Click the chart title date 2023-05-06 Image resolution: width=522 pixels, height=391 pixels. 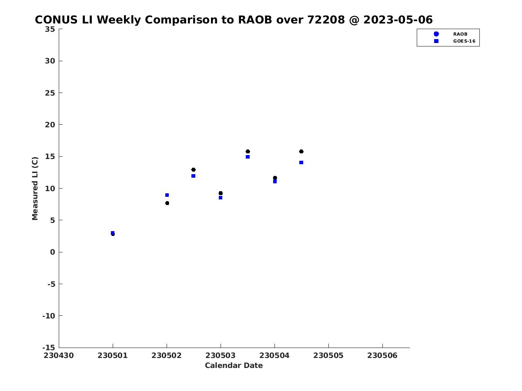pyautogui.click(x=398, y=20)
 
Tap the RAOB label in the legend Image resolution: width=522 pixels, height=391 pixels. pyautogui.click(x=460, y=34)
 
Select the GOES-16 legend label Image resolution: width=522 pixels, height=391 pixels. pyautogui.click(x=464, y=41)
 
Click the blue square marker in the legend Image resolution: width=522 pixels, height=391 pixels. pyautogui.click(x=436, y=41)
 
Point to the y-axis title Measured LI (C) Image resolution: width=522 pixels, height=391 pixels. pyautogui.click(x=35, y=189)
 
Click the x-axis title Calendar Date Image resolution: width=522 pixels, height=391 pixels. pyautogui.click(x=234, y=365)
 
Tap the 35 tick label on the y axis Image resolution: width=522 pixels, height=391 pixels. pyautogui.click(x=50, y=29)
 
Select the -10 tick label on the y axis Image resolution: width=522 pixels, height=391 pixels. pyautogui.click(x=49, y=316)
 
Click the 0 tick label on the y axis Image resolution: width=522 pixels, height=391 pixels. pyautogui.click(x=53, y=252)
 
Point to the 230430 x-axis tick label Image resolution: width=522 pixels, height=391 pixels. pyautogui.click(x=59, y=355)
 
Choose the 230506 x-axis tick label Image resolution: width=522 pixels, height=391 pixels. pyautogui.click(x=382, y=355)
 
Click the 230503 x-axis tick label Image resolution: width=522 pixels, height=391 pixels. pyautogui.click(x=221, y=355)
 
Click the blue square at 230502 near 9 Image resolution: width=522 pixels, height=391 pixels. pyautogui.click(x=167, y=195)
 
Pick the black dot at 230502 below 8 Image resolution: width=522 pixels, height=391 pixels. pyautogui.click(x=167, y=203)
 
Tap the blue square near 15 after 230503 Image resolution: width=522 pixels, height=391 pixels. pyautogui.click(x=248, y=157)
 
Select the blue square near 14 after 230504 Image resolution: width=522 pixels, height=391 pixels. pyautogui.click(x=301, y=162)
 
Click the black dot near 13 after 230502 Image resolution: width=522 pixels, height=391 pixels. pyautogui.click(x=193, y=170)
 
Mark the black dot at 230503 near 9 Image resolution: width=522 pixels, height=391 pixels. pyautogui.click(x=221, y=193)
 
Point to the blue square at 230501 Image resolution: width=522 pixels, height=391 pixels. pyautogui.click(x=113, y=233)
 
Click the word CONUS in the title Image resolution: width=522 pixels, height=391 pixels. pyautogui.click(x=56, y=20)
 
